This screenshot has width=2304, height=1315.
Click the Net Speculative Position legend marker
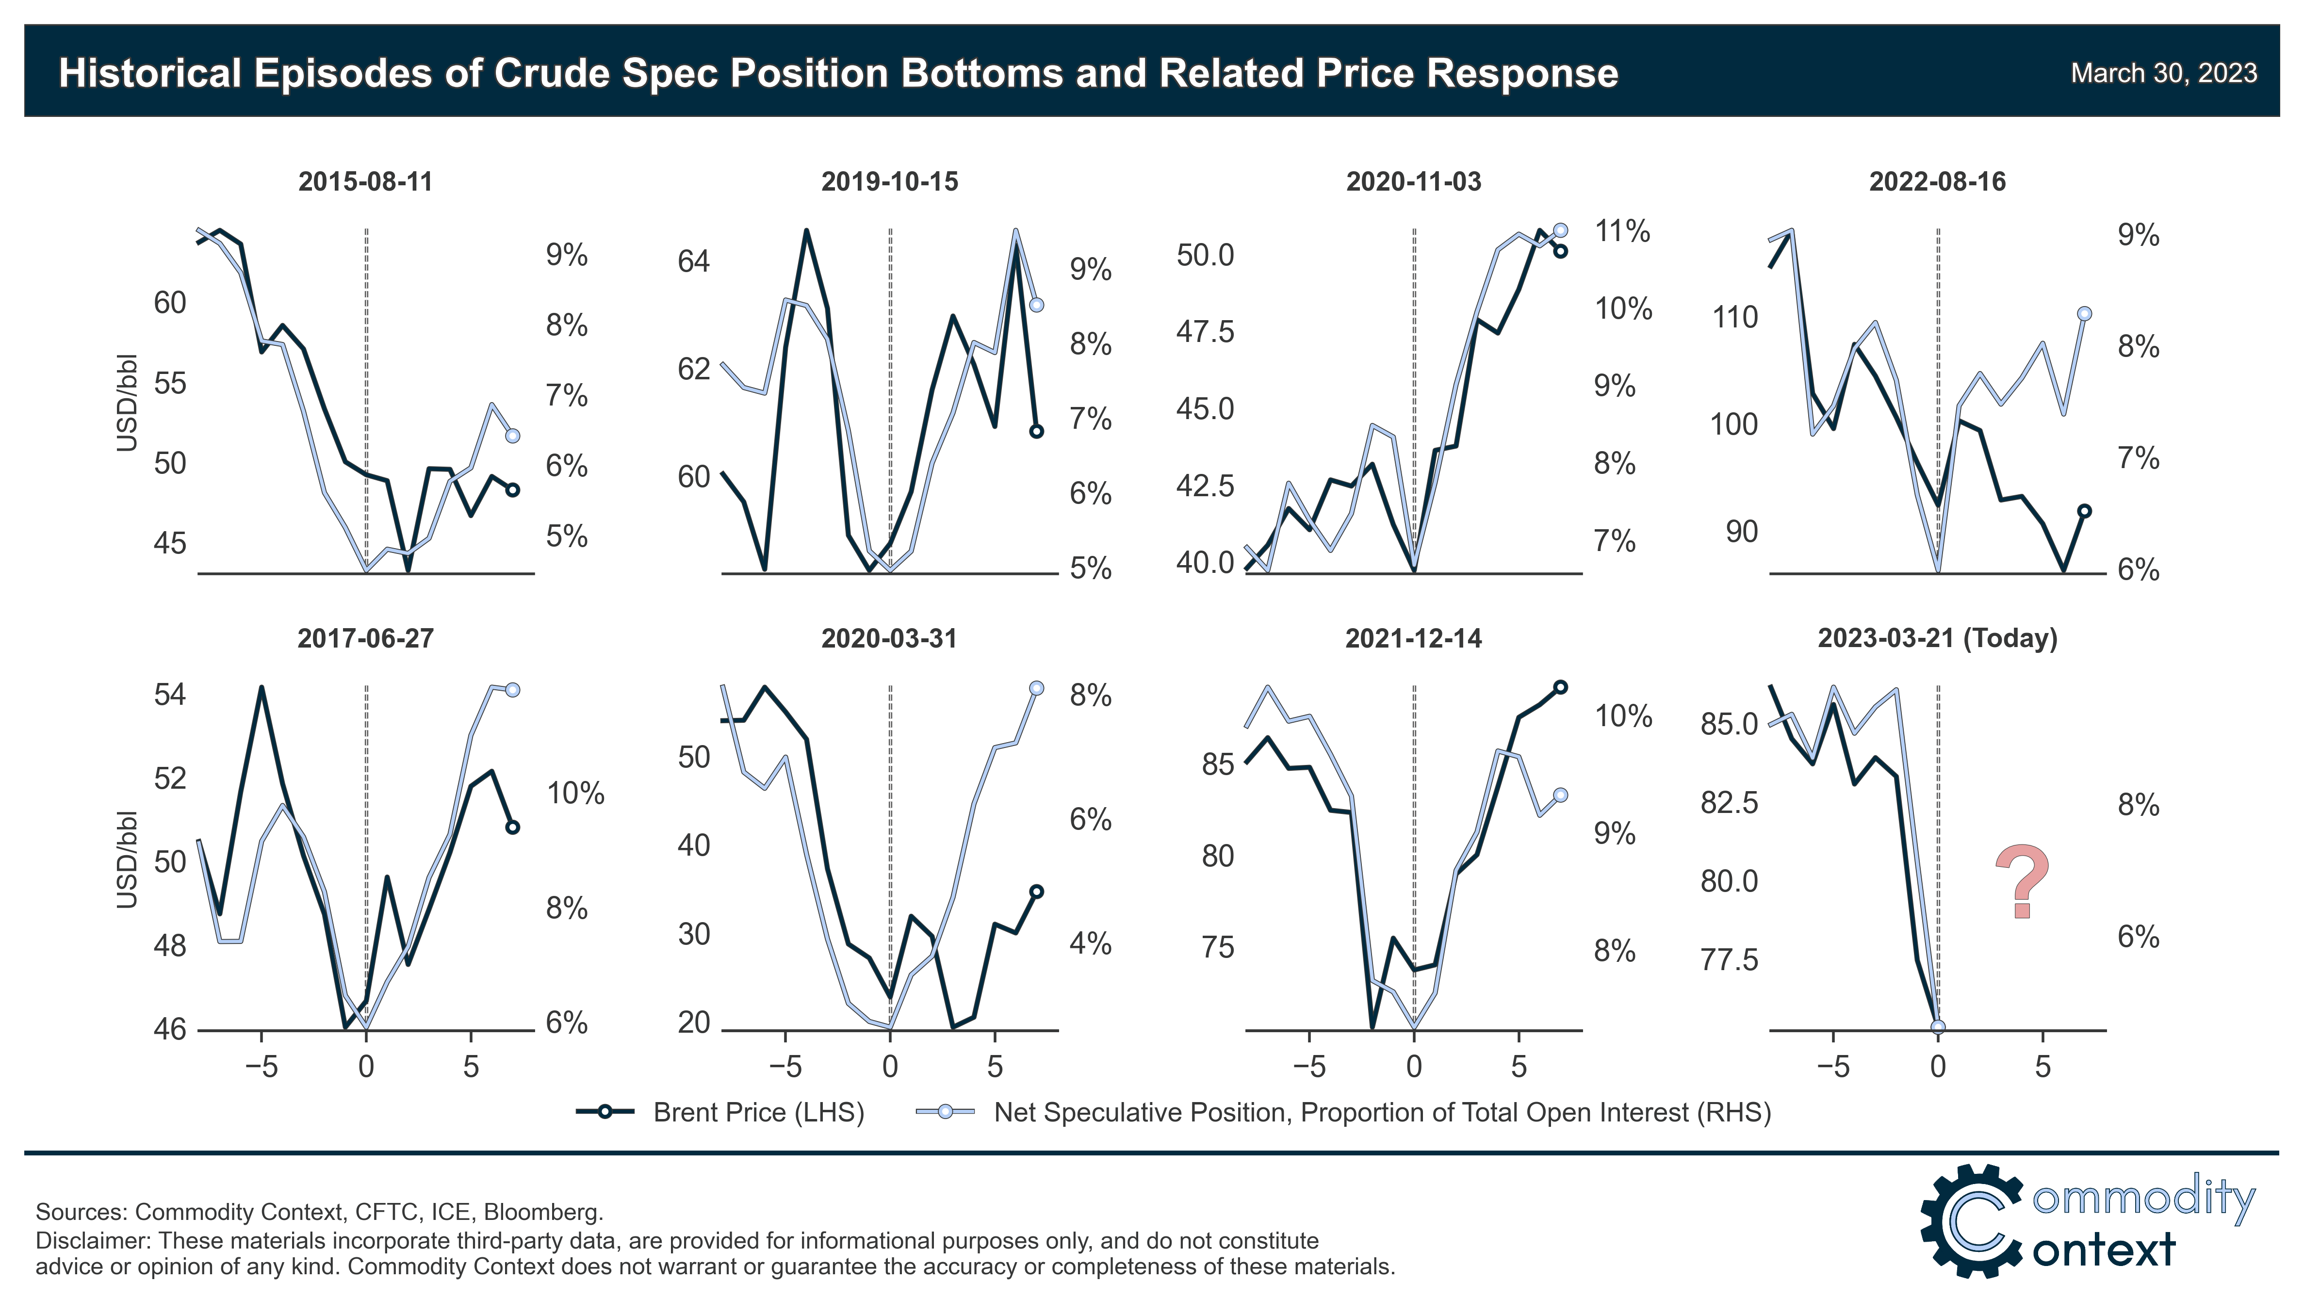(x=945, y=1112)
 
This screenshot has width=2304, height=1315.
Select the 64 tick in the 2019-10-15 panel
(x=694, y=262)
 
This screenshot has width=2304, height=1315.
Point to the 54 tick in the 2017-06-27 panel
(x=170, y=695)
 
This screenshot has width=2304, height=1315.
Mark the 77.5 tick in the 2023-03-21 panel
(x=1729, y=959)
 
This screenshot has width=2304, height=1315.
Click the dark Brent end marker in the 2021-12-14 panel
(x=1560, y=687)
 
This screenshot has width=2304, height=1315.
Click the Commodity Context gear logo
(x=1972, y=1221)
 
